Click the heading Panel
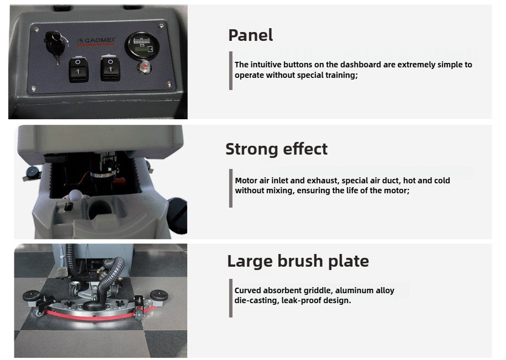(x=250, y=35)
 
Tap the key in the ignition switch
(x=55, y=47)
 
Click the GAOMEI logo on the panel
(x=96, y=41)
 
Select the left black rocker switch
(x=78, y=69)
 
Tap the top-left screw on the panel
(x=36, y=30)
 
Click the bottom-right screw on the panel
(x=169, y=84)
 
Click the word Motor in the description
(x=246, y=181)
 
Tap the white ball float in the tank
(x=76, y=195)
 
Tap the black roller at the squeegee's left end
(x=31, y=295)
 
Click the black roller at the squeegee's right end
(x=159, y=295)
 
